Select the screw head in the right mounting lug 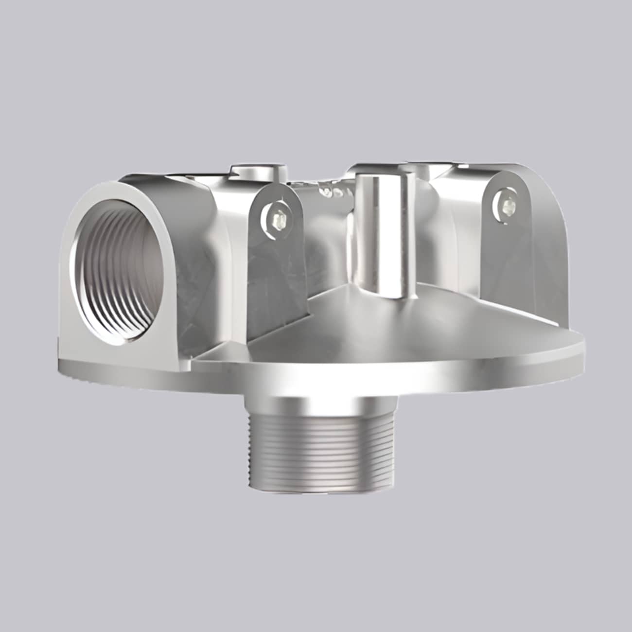[506, 206]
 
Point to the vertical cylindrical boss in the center [379, 238]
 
